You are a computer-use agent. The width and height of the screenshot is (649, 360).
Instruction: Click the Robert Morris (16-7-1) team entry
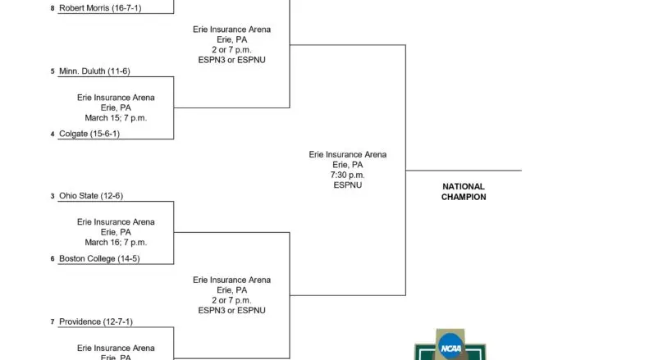(100, 8)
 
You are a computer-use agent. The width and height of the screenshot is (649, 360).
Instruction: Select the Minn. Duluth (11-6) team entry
(94, 71)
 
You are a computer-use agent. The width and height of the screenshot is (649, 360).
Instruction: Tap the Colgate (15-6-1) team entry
(89, 134)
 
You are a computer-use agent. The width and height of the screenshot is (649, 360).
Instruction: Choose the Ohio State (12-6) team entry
(91, 196)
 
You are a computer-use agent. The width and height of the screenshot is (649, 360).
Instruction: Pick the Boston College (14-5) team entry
(99, 258)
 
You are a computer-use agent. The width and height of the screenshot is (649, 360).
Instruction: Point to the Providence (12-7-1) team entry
(96, 321)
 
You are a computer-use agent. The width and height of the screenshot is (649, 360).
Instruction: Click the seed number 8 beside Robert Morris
(53, 8)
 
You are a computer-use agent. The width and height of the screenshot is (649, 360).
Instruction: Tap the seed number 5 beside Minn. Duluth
(53, 71)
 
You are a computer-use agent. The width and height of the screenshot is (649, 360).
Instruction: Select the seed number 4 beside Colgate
(53, 134)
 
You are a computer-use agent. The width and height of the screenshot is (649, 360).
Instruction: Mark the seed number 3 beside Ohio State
(53, 196)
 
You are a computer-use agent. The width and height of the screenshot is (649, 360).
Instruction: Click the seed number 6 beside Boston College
(53, 258)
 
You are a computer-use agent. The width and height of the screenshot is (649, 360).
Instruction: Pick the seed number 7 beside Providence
(53, 321)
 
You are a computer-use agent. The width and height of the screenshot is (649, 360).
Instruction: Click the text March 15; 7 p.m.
(116, 118)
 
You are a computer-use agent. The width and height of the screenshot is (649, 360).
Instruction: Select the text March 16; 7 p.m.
(116, 243)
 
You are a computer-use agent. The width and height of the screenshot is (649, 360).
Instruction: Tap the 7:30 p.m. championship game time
(348, 175)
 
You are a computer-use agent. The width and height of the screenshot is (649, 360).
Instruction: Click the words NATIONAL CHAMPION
(464, 192)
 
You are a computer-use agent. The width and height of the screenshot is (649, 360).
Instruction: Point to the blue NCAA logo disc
(450, 347)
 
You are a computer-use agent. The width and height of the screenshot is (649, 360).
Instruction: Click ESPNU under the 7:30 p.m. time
(348, 185)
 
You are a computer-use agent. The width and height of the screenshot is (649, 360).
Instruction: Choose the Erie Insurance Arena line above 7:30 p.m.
(348, 154)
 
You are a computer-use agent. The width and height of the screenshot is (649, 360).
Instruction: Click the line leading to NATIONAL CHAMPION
(464, 170)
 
